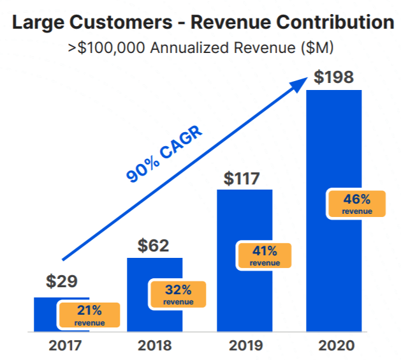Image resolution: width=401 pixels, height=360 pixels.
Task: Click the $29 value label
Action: (61, 281)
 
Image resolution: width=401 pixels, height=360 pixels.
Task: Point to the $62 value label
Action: (154, 245)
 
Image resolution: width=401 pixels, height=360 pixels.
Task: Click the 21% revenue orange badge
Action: (89, 315)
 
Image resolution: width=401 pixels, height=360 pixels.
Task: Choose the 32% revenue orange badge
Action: (177, 294)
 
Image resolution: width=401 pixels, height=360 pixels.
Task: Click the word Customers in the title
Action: (126, 24)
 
